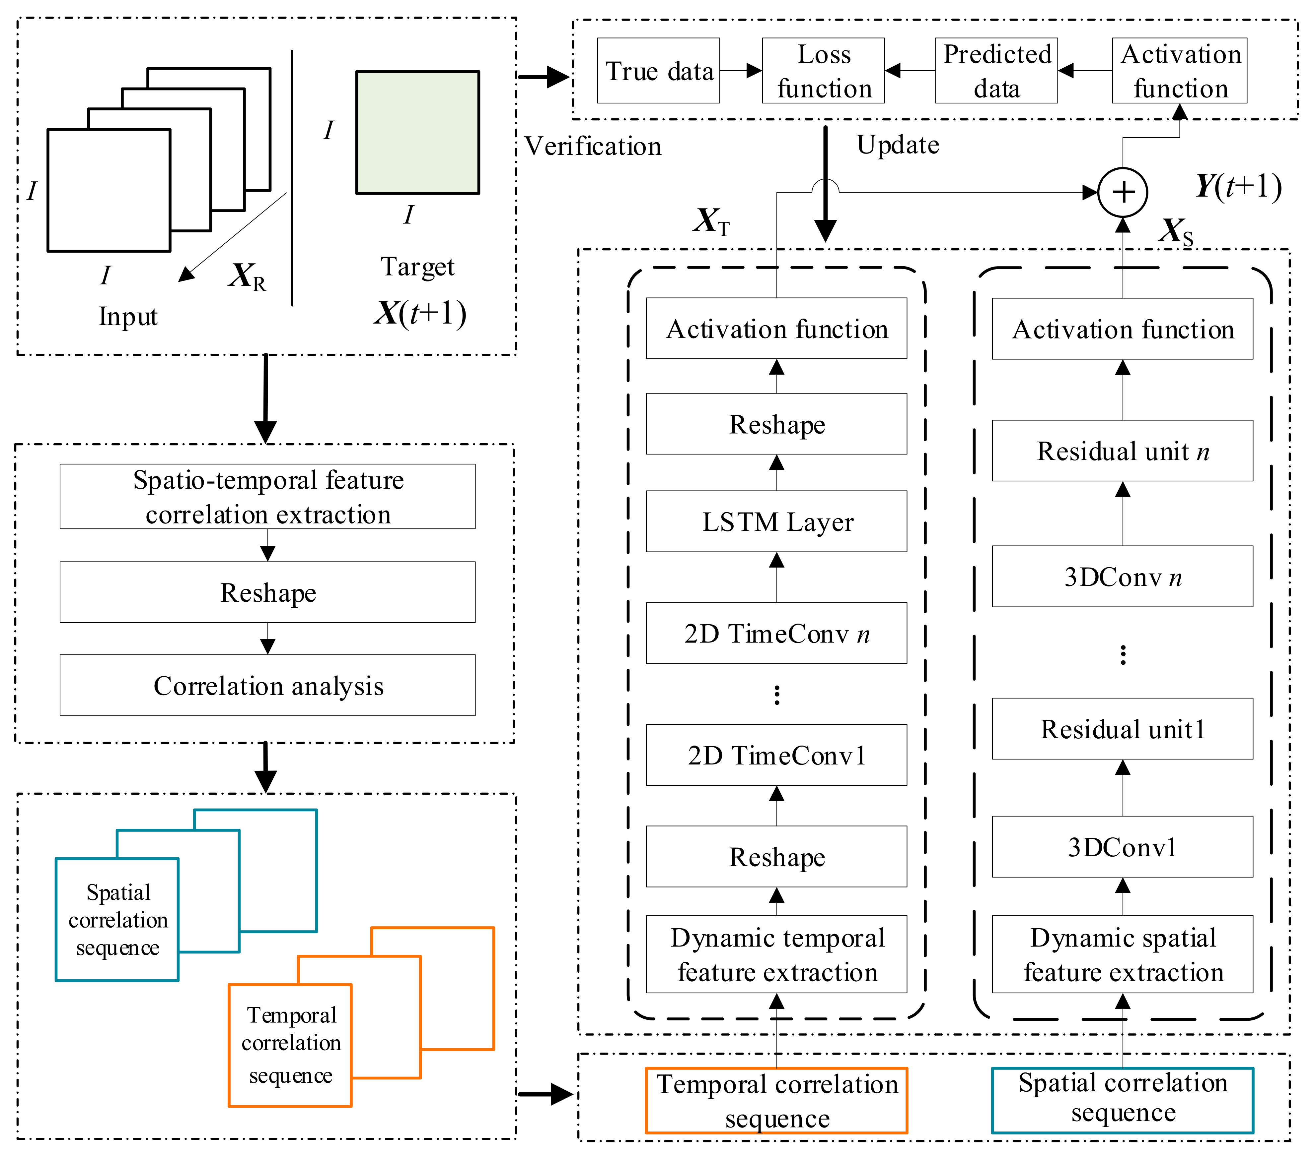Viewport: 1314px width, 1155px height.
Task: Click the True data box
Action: pyautogui.click(x=658, y=71)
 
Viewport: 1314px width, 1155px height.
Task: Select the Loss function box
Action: pyautogui.click(x=824, y=71)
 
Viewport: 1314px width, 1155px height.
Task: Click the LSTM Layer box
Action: pyautogui.click(x=776, y=521)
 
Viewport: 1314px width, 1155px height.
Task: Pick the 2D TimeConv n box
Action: pyautogui.click(x=776, y=634)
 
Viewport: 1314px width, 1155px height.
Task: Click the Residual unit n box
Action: pyautogui.click(x=1123, y=451)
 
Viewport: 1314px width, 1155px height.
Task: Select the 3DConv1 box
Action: pyautogui.click(x=1123, y=847)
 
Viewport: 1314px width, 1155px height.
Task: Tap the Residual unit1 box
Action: pyautogui.click(x=1123, y=729)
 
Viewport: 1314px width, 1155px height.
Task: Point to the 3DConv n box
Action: pyautogui.click(x=1123, y=577)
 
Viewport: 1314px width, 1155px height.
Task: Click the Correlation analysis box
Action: pyautogui.click(x=267, y=686)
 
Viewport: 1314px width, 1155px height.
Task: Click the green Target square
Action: pyautogui.click(x=418, y=132)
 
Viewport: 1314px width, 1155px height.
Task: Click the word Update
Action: pyautogui.click(x=898, y=145)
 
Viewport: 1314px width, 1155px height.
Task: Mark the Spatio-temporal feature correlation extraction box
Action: pyautogui.click(x=267, y=497)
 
